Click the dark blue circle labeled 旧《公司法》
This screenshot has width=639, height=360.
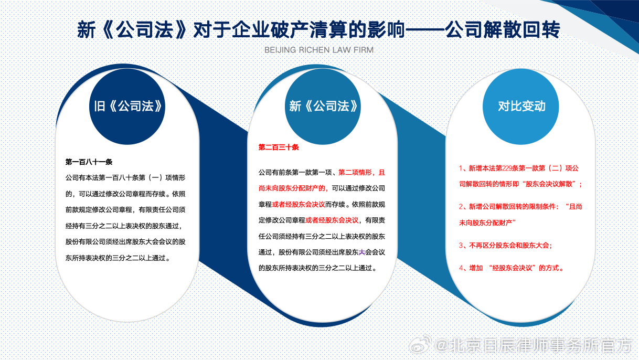click(x=127, y=107)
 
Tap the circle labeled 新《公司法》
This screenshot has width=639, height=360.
click(x=323, y=107)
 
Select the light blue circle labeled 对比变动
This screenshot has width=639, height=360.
click(x=520, y=107)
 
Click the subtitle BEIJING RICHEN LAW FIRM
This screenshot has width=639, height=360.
click(x=319, y=50)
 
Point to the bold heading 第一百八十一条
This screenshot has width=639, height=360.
click(x=89, y=162)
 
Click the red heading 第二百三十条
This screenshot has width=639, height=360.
click(x=279, y=147)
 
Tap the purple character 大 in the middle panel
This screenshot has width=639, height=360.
click(x=361, y=252)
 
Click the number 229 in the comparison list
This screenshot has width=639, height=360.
click(x=507, y=168)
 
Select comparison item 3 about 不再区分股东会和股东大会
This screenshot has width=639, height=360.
click(x=505, y=245)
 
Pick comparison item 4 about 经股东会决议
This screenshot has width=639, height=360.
click(x=511, y=268)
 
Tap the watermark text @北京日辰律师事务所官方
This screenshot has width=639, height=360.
click(x=532, y=345)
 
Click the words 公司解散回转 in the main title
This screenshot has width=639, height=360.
click(x=503, y=30)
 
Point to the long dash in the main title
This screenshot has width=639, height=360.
click(x=425, y=30)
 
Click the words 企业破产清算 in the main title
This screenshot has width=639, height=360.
click(x=290, y=30)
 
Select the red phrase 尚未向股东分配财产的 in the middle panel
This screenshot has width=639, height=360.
click(x=292, y=188)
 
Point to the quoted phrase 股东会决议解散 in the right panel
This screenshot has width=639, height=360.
click(x=549, y=184)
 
